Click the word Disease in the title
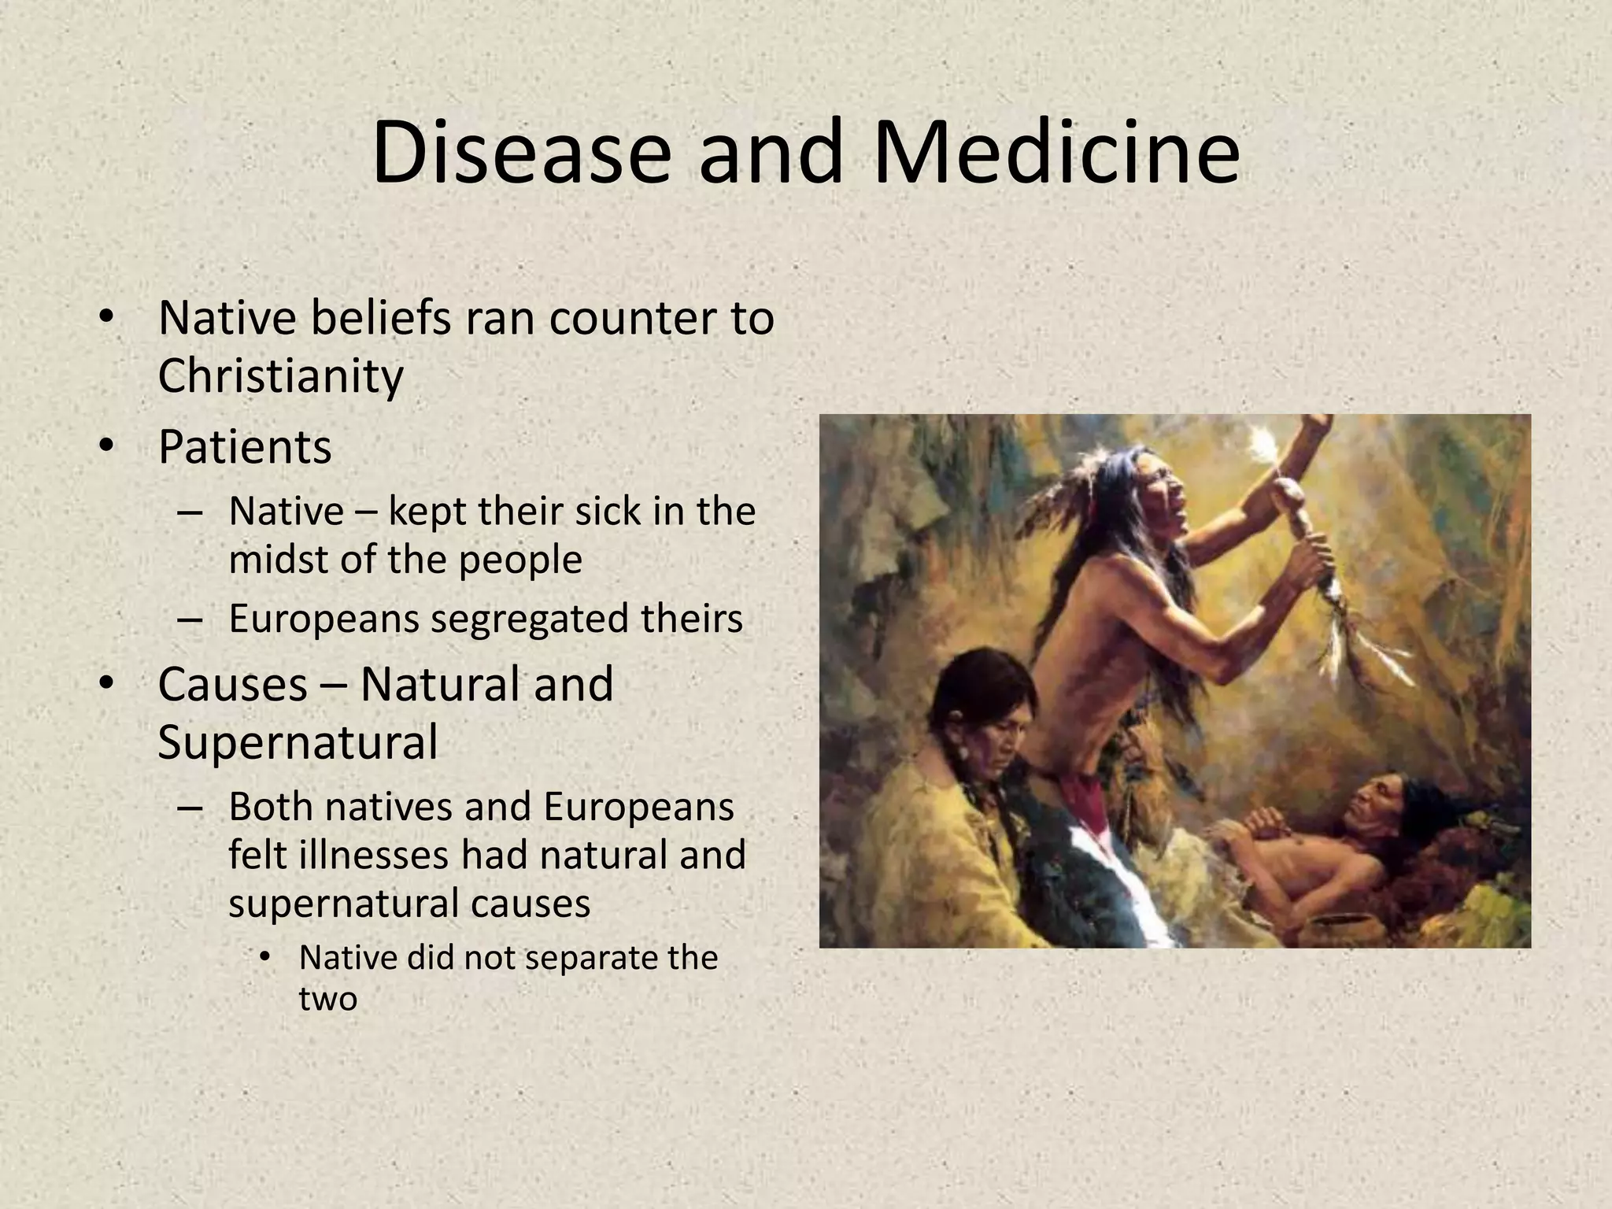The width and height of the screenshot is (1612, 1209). [520, 152]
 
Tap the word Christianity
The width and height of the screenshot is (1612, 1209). [280, 376]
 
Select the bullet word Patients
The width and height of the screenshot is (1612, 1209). [245, 447]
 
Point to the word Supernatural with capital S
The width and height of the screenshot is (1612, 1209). [298, 741]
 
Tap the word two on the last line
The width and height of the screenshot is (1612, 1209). [327, 999]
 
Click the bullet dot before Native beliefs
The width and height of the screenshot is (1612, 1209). [107, 318]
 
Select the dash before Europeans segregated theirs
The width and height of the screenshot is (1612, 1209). [190, 619]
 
